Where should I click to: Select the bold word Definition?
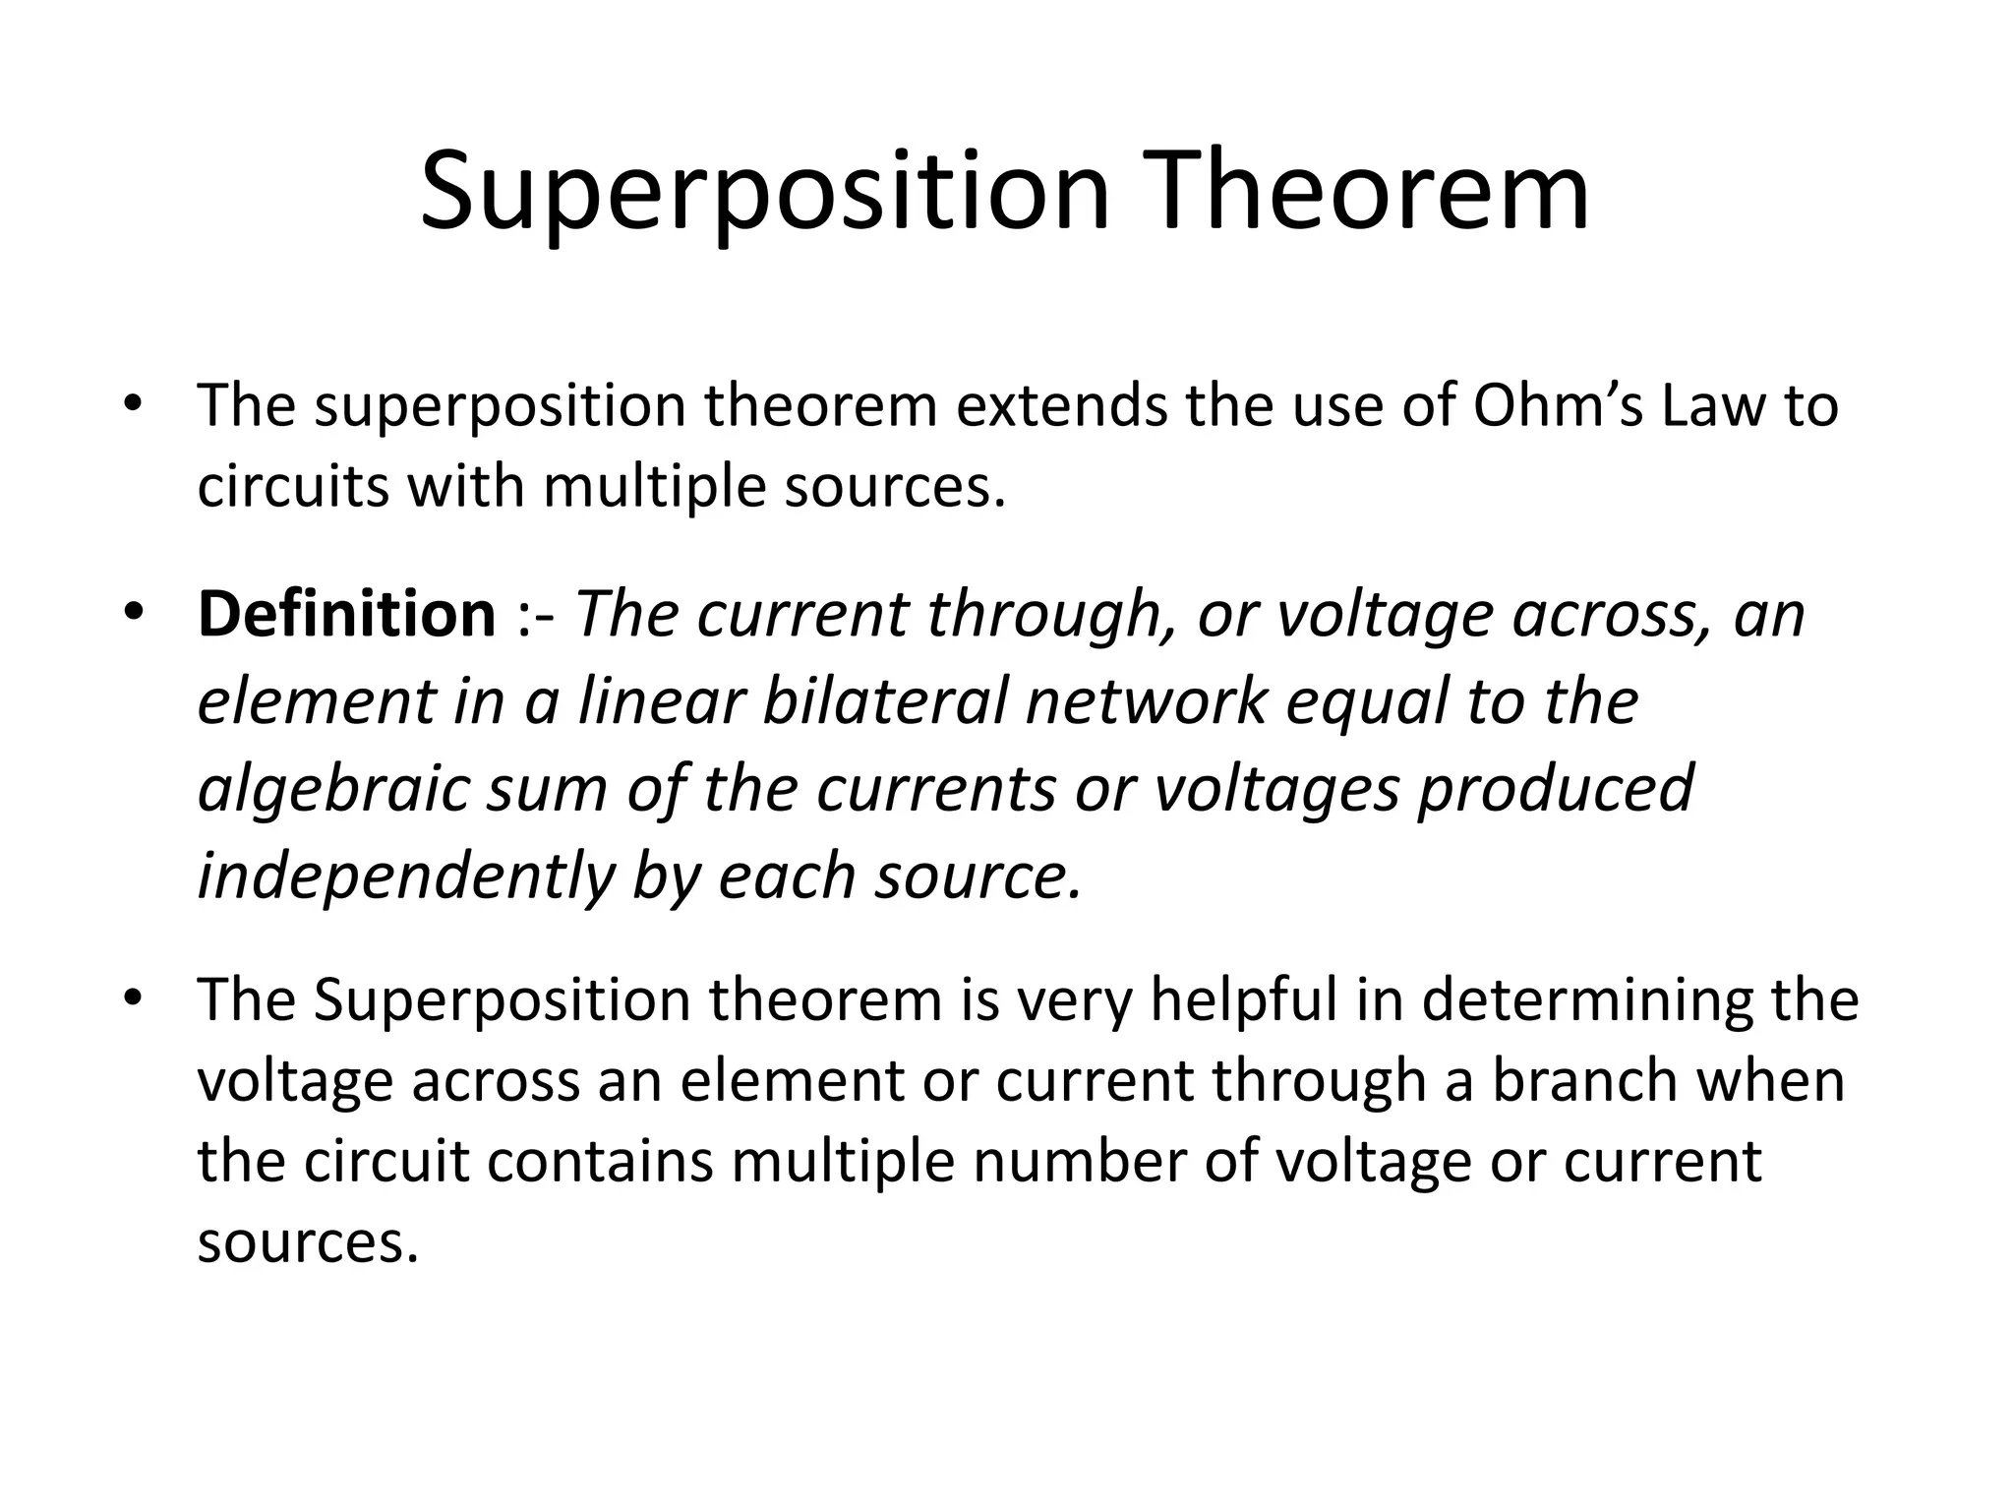(x=346, y=615)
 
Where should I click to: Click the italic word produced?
(x=1555, y=789)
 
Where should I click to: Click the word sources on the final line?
(x=301, y=1243)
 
